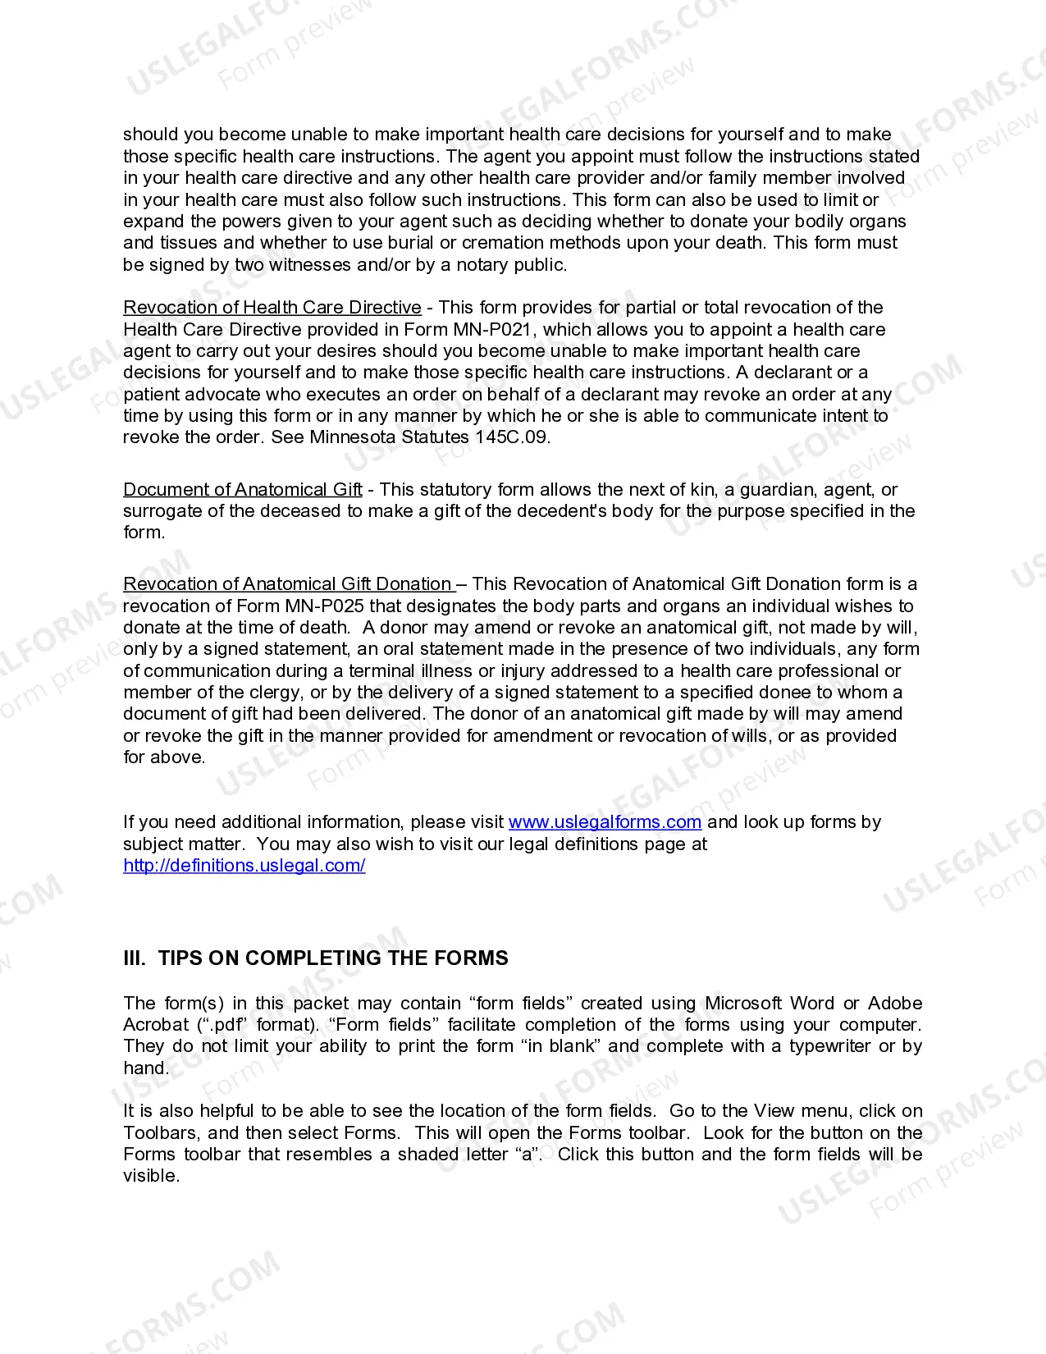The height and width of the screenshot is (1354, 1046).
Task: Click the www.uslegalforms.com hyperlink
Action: coord(605,822)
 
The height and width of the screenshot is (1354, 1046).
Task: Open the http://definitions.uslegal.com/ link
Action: coord(244,866)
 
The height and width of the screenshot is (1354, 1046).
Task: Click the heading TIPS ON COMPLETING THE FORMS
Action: coord(332,958)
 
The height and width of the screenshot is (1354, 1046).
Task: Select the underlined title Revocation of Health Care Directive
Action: coord(272,308)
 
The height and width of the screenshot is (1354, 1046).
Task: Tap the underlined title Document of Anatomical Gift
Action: coord(243,490)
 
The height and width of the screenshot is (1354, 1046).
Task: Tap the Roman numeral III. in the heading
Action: coord(135,958)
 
